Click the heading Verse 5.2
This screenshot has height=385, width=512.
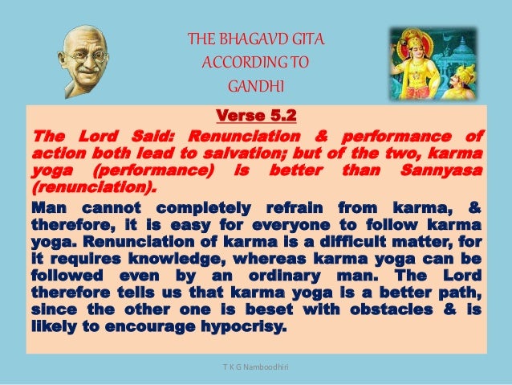tap(256, 116)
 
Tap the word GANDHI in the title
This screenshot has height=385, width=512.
tap(256, 86)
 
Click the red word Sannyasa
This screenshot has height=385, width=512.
tap(441, 170)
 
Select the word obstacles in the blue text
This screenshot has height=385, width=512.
tap(392, 309)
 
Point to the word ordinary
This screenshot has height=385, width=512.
tap(284, 276)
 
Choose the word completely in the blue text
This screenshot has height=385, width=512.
tap(203, 208)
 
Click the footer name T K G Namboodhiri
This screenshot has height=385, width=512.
tap(256, 367)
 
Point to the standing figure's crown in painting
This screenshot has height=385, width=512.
tap(411, 35)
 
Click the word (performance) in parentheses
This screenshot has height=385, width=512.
tap(152, 170)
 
